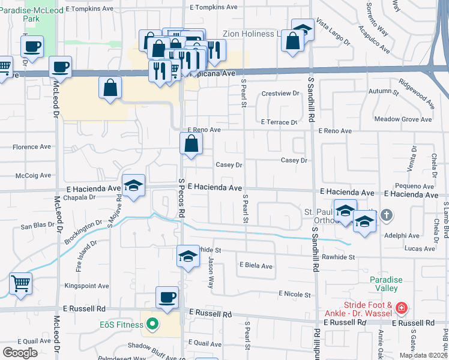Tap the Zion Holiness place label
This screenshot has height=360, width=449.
tap(249, 34)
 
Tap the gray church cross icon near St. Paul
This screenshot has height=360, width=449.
tap(387, 214)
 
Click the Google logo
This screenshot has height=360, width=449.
tap(20, 353)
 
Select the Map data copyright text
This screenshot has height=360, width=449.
tap(423, 355)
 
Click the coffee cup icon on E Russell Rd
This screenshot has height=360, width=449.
tap(167, 297)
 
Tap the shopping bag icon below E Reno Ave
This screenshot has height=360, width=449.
tap(191, 143)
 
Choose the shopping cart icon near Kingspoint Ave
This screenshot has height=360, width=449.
tap(20, 283)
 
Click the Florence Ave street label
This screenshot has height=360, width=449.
tap(32, 146)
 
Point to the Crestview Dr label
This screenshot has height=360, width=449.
tap(280, 94)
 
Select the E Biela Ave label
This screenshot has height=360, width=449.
tap(256, 266)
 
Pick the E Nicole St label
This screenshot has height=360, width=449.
tap(294, 295)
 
